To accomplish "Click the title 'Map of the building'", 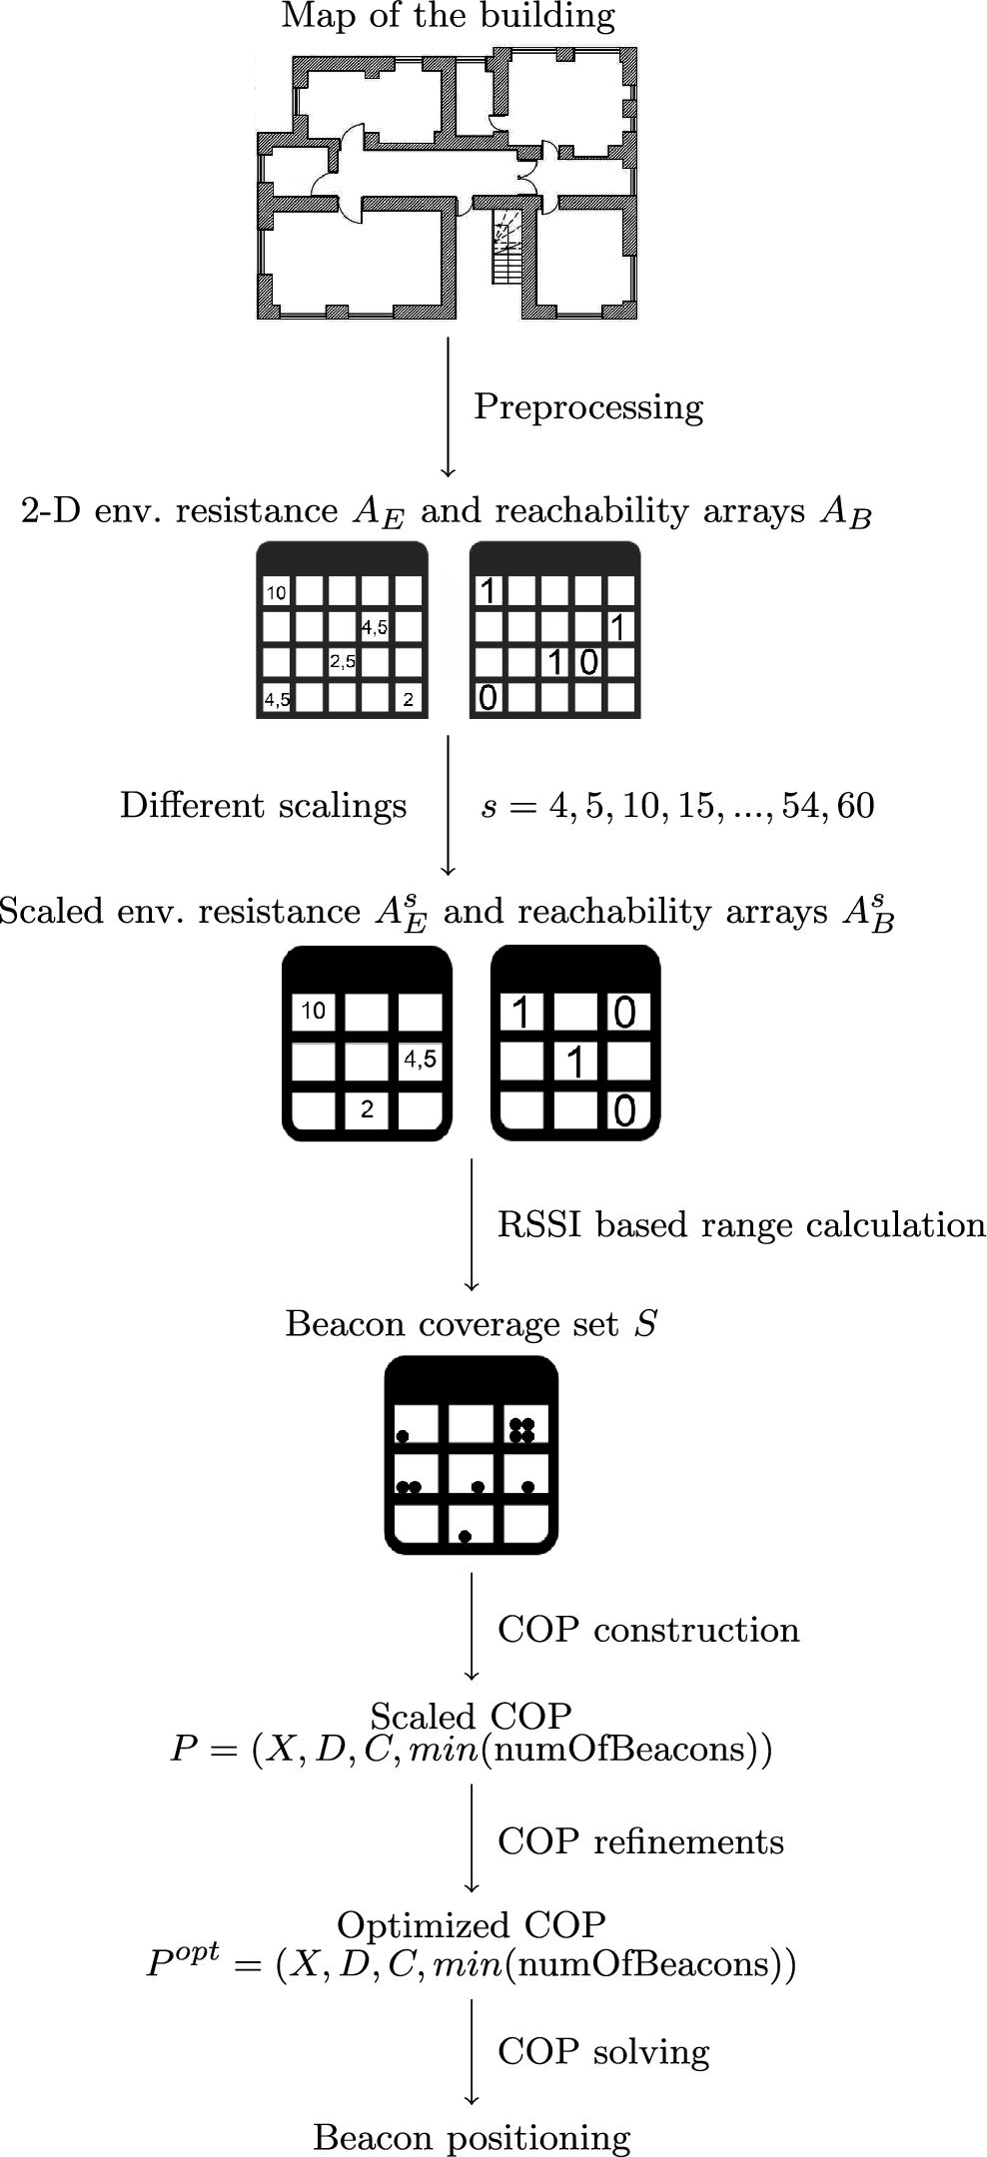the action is (449, 17).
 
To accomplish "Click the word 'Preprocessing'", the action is (588, 407).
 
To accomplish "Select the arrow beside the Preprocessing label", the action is (448, 407).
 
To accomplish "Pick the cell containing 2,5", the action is (343, 661).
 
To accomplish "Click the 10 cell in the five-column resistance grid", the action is (277, 592).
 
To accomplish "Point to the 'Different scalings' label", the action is (264, 806).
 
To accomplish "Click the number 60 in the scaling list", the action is (856, 806).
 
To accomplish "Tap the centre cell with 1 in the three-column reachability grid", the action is (575, 1063).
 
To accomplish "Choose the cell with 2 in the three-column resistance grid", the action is (368, 1109).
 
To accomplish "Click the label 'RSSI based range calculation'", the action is (741, 1225).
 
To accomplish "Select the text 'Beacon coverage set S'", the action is (472, 1324).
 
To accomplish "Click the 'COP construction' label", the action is (648, 1630).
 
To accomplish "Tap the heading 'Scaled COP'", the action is (471, 1716).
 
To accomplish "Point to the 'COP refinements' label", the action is (640, 1841).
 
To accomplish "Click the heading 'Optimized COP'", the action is (472, 1924).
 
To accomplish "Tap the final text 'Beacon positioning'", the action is (472, 2138).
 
